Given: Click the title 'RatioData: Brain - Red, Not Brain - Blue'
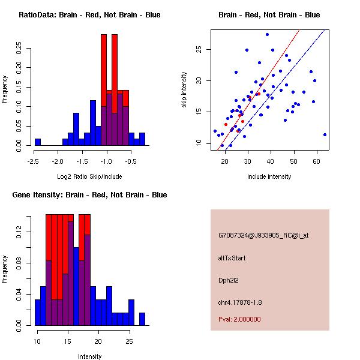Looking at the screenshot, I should coord(89,15).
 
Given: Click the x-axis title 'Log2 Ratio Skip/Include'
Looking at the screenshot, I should coord(89,176).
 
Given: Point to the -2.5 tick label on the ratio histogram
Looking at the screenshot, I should coord(35,161).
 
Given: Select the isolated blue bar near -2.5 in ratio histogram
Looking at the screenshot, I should coord(38,142).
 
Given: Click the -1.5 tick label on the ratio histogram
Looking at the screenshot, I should coord(81,161).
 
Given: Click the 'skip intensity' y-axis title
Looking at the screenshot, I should coord(185,89).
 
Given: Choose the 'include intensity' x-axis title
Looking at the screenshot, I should coord(269,176).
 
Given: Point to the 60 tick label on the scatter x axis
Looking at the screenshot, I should coord(316,161).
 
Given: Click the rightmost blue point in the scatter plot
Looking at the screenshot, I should coord(325,134).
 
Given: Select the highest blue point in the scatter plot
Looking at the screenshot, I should coord(267,34).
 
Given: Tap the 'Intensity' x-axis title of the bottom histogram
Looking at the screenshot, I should coord(89,356).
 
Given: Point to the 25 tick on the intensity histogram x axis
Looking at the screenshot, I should coord(129,341).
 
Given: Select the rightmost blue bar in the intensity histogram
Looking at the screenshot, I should coord(142,319).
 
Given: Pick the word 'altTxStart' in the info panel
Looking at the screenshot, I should coord(232,258).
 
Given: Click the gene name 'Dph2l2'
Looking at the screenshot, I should coord(229,280).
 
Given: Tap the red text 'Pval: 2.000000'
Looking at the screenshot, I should coord(239,319).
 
